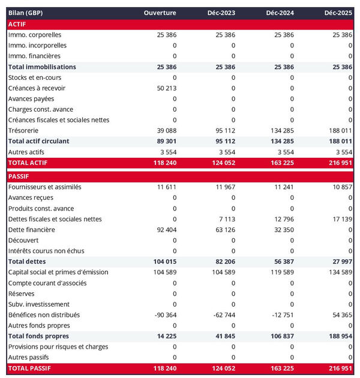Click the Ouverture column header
pos(160,13)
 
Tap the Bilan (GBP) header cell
pos(26,13)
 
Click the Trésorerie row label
pos(24,131)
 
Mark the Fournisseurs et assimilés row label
pos(45,187)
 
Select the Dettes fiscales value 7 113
pos(226,219)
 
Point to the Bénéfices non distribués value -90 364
pos(163,315)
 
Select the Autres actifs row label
pos(26,152)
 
